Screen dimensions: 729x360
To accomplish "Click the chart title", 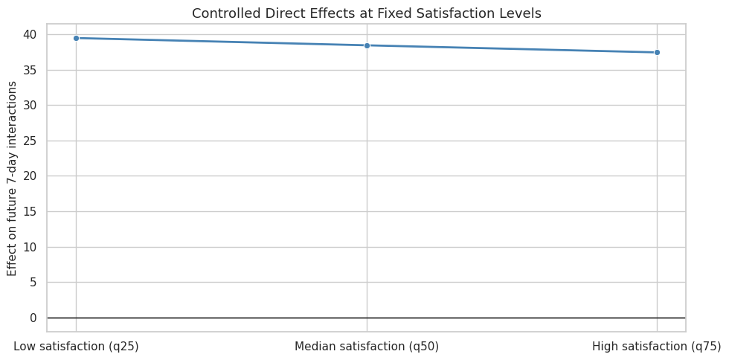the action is (x=366, y=13).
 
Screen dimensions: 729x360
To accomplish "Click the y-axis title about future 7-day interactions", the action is (x=12, y=179).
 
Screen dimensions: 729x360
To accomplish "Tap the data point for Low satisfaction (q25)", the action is (x=76, y=38).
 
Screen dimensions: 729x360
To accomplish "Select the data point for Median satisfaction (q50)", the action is (x=367, y=45).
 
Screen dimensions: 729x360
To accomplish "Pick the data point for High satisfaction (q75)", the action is (x=657, y=53).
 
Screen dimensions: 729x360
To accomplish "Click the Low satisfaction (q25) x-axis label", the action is (x=76, y=347).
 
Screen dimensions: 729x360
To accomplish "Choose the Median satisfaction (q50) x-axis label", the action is (x=367, y=347).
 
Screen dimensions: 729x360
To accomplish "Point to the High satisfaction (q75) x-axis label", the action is (x=657, y=347).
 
